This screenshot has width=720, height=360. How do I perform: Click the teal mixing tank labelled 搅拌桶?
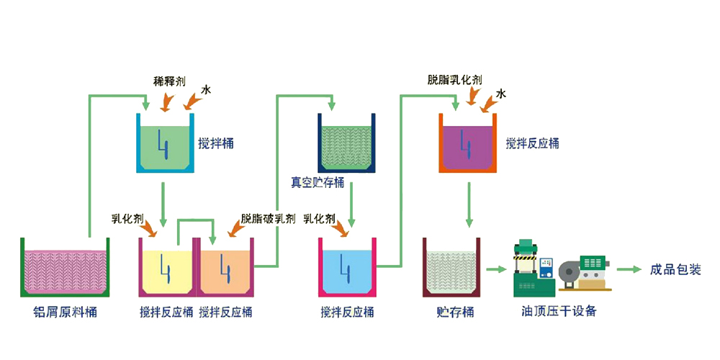tap(165, 144)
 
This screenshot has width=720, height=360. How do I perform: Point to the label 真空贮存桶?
tap(317, 182)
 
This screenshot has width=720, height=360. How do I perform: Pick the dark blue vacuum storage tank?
tap(347, 143)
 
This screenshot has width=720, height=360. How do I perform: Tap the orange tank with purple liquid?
tap(469, 143)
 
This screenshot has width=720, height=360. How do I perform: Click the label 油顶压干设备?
tap(559, 312)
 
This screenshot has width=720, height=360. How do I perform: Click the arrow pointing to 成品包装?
tap(628, 270)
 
